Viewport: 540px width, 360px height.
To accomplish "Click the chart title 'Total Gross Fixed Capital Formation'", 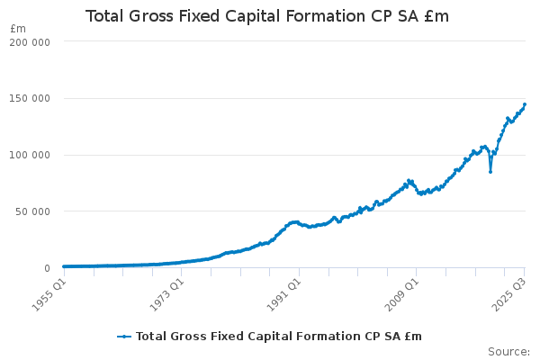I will [x=279, y=17].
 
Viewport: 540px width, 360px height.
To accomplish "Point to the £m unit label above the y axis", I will [x=18, y=29].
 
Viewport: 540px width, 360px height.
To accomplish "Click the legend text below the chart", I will [x=278, y=336].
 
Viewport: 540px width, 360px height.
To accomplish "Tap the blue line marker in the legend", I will [x=124, y=336].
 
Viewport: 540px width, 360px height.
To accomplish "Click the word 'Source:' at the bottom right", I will [x=508, y=351].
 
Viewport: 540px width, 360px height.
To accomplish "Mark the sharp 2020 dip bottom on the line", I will [x=490, y=171].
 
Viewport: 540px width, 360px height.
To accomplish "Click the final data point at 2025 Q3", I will [x=525, y=104].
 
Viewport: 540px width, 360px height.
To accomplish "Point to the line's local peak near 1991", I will [x=294, y=221].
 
